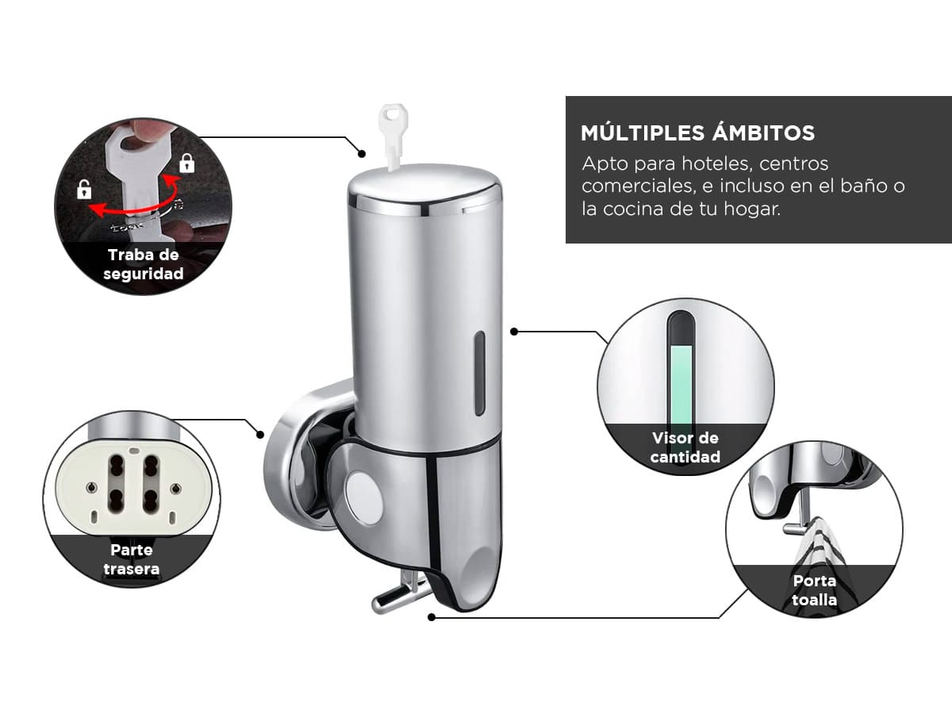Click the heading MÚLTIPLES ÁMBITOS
[698, 132]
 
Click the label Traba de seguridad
[143, 264]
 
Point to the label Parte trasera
[132, 559]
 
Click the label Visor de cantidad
[685, 447]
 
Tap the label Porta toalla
[814, 590]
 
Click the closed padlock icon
[187, 163]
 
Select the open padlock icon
[84, 190]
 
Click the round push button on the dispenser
[364, 498]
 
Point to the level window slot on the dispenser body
[479, 373]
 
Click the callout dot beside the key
[362, 153]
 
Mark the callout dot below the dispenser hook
[431, 617]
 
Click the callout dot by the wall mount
[260, 435]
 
